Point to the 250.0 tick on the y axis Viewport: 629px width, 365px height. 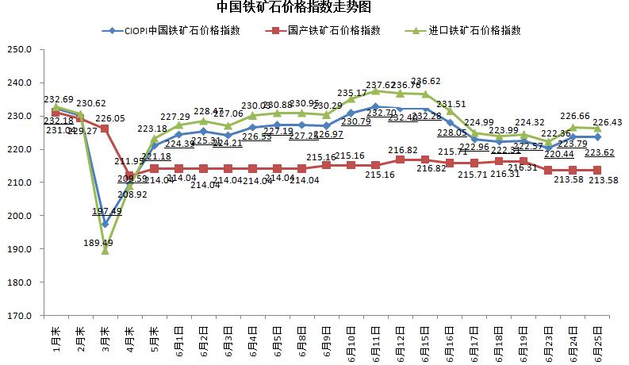(17, 49)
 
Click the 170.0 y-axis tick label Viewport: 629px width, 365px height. (17, 316)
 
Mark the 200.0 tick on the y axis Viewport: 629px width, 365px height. (17, 216)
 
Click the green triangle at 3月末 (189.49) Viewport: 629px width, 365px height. (105, 251)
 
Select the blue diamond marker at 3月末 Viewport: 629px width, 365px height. (105, 224)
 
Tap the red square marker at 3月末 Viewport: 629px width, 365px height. (105, 129)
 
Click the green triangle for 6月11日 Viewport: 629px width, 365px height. (375, 90)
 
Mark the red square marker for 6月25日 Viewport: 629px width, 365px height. (596, 171)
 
